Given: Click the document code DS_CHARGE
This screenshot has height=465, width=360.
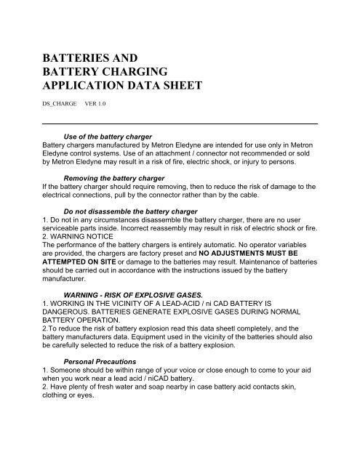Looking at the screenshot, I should click(60, 112).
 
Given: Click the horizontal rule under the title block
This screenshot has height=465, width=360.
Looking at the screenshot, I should click(181, 126).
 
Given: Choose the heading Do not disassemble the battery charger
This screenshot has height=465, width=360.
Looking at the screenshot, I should click(127, 209).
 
